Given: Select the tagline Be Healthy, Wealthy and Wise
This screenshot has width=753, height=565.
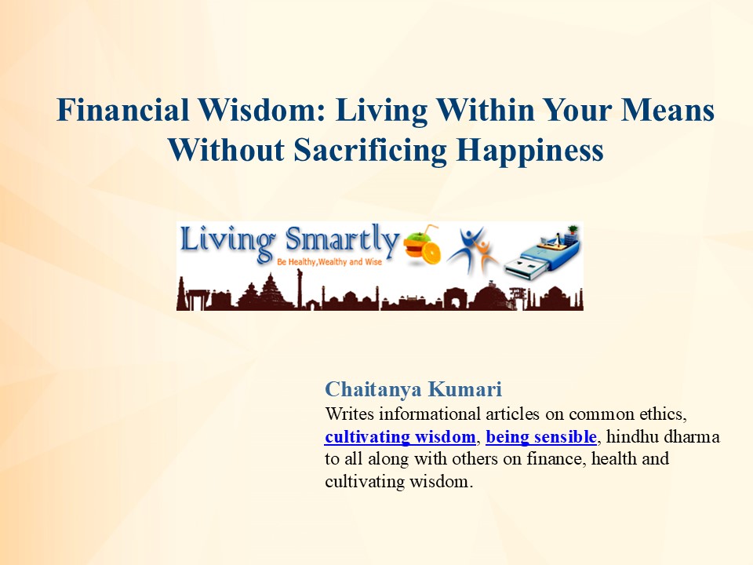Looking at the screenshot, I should tap(329, 260).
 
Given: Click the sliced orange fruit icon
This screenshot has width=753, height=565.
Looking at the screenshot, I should tap(422, 246).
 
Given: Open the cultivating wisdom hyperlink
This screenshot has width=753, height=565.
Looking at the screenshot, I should tap(400, 436).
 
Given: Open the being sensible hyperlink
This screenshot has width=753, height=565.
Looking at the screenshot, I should tap(541, 436).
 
